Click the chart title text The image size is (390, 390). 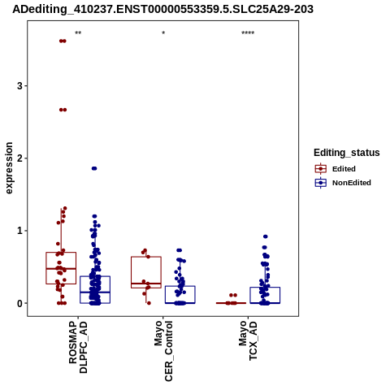coord(162,10)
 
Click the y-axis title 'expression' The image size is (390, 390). coord(9,168)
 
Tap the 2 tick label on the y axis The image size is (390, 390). coord(19,158)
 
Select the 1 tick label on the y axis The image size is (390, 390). coord(19,231)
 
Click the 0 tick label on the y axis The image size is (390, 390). coord(19,303)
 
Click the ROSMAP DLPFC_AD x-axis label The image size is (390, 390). coord(78,347)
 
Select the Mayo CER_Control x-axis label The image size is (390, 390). coord(163,351)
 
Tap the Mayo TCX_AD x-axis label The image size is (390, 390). coord(248,340)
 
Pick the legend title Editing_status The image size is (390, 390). coord(347,153)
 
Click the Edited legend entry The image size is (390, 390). coord(336,169)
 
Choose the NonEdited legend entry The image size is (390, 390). coord(343,183)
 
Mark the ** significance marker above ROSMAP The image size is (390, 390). coord(78,33)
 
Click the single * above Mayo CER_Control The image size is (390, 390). coord(163,33)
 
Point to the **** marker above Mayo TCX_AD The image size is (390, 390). coord(248,33)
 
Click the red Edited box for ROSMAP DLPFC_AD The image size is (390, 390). coord(61,253)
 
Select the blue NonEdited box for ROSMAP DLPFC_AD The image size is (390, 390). coord(95,276)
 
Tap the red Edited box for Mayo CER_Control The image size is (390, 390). coord(146,257)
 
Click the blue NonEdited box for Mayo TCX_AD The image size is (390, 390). coord(265,288)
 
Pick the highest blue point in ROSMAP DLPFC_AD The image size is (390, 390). coord(94,168)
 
